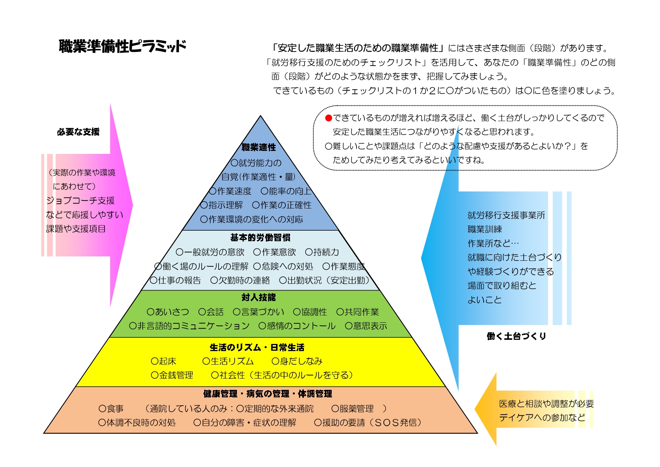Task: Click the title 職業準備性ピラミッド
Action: (x=123, y=46)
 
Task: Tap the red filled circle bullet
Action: (x=329, y=118)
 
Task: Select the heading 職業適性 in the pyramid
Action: (x=259, y=147)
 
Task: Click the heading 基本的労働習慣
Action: (x=260, y=237)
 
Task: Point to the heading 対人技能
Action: (x=259, y=297)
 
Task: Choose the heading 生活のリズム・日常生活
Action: (x=257, y=347)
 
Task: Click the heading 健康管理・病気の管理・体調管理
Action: (x=268, y=394)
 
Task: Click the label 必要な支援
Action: (x=78, y=132)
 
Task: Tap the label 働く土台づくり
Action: (x=516, y=336)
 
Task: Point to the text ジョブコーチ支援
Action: (x=80, y=201)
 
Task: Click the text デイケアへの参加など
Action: (x=542, y=417)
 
